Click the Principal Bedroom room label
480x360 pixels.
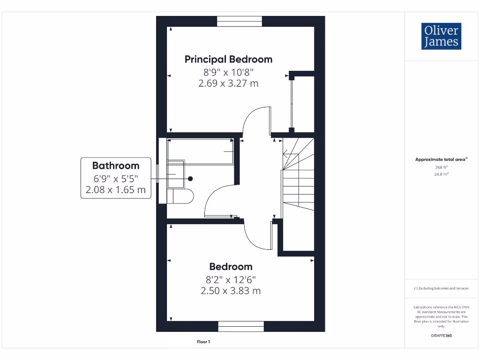tap(228, 60)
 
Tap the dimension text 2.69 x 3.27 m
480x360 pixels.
tap(228, 83)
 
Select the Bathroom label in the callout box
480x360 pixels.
tap(116, 165)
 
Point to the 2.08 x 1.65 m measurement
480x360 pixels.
tap(116, 190)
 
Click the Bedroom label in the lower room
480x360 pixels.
tap(231, 267)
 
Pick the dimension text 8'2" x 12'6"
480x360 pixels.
tap(231, 279)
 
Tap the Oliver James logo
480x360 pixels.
tap(441, 36)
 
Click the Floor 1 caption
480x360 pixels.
tap(203, 342)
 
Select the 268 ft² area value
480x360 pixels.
tap(441, 167)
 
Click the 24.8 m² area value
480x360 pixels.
tap(441, 174)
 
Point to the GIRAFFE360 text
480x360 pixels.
tap(441, 336)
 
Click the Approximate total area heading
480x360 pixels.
tap(441, 159)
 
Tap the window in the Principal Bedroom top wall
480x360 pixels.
tap(240, 21)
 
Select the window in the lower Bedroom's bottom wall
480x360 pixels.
tap(241, 327)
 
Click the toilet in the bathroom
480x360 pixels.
tap(181, 196)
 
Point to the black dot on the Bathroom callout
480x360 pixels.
tap(191, 179)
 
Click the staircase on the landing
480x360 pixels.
tap(297, 178)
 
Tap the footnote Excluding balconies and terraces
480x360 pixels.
tap(441, 288)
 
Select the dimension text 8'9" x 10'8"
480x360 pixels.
tap(228, 72)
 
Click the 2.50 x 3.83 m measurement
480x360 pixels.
tap(231, 291)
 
